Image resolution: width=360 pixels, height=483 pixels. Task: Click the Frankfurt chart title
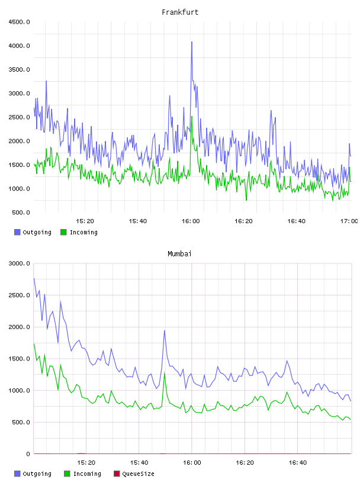pyautogui.click(x=180, y=12)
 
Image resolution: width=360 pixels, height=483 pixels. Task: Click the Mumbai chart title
pyautogui.click(x=179, y=254)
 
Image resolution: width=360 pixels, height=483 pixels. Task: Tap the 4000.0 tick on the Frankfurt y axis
pyautogui.click(x=19, y=46)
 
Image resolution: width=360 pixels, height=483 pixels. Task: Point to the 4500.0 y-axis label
pyautogui.click(x=19, y=22)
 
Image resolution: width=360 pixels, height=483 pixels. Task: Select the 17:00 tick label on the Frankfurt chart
pyautogui.click(x=349, y=221)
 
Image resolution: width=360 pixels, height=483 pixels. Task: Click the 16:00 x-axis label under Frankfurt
pyautogui.click(x=191, y=221)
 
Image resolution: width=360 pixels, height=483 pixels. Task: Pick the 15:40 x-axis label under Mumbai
pyautogui.click(x=139, y=463)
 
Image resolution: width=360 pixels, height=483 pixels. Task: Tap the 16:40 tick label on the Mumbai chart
pyautogui.click(x=297, y=463)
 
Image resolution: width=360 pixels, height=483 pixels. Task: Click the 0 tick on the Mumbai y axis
pyautogui.click(x=28, y=454)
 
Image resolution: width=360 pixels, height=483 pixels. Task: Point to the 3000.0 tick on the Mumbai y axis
pyautogui.click(x=19, y=263)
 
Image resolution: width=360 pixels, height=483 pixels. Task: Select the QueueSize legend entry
pyautogui.click(x=134, y=474)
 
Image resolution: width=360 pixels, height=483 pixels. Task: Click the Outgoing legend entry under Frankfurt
pyautogui.click(x=33, y=232)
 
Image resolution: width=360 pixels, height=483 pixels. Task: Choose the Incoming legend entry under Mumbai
pyautogui.click(x=82, y=474)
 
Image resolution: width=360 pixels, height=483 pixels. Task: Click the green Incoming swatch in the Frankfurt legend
pyautogui.click(x=63, y=232)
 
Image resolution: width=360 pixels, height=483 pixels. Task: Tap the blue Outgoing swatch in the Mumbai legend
pyautogui.click(x=17, y=474)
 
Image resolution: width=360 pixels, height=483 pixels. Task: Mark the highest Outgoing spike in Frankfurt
pyautogui.click(x=192, y=42)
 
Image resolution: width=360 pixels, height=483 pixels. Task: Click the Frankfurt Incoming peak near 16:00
pyautogui.click(x=192, y=117)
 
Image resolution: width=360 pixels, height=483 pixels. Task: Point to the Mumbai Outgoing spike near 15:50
pyautogui.click(x=165, y=331)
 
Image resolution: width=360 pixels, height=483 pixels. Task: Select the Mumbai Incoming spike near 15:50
pyautogui.click(x=165, y=373)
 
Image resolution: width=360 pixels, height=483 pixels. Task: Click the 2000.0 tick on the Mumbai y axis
pyautogui.click(x=19, y=327)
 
